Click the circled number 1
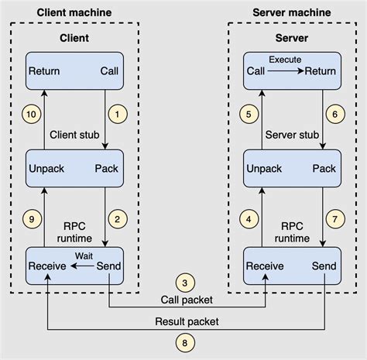(118, 115)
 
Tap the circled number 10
(30, 115)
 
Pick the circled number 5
(248, 115)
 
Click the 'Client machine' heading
(74, 12)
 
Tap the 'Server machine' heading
(291, 12)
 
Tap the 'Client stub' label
(74, 135)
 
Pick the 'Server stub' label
(291, 135)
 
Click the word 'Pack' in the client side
(107, 168)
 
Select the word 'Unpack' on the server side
(264, 168)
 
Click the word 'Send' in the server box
(323, 266)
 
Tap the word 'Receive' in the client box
(47, 266)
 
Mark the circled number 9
(30, 220)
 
